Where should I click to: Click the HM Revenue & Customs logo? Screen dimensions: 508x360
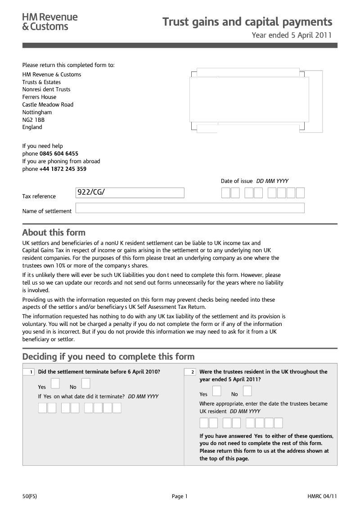click(x=50, y=22)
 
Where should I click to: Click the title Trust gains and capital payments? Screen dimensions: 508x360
click(x=247, y=22)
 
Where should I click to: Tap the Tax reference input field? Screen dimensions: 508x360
click(x=130, y=193)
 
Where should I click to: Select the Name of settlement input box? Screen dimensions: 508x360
click(x=190, y=208)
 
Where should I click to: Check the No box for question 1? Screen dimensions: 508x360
click(x=86, y=383)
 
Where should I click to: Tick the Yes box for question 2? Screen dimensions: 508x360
click(x=216, y=390)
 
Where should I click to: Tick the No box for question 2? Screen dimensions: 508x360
click(x=247, y=390)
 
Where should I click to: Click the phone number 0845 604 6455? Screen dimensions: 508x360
click(x=59, y=154)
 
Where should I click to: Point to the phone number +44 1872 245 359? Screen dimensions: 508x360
click(x=63, y=169)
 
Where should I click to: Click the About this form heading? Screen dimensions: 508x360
click(x=54, y=232)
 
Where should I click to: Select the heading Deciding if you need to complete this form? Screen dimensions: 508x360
click(x=108, y=356)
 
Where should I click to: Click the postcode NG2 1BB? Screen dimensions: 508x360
click(x=33, y=120)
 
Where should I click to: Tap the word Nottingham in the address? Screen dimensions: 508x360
click(x=37, y=112)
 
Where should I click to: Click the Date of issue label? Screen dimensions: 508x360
click(x=237, y=181)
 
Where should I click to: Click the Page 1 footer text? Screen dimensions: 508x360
click(x=180, y=496)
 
